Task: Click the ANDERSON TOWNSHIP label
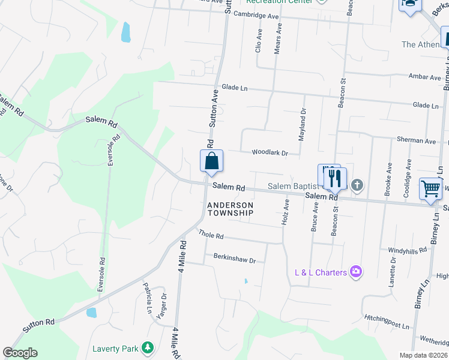pyautogui.click(x=231, y=209)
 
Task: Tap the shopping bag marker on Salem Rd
pyautogui.click(x=211, y=161)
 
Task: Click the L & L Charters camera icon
pyautogui.click(x=357, y=272)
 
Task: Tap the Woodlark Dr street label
pyautogui.click(x=270, y=153)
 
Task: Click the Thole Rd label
pyautogui.click(x=211, y=236)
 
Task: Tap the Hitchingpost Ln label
pyautogui.click(x=386, y=321)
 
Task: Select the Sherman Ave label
pyautogui.click(x=416, y=140)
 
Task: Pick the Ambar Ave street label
pyautogui.click(x=424, y=77)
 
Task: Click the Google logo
pyautogui.click(x=20, y=353)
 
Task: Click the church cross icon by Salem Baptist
pyautogui.click(x=357, y=185)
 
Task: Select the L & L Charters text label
pyautogui.click(x=321, y=272)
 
